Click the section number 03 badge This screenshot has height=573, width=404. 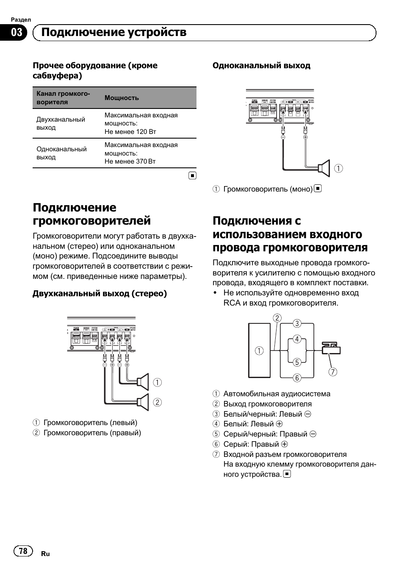coord(17,33)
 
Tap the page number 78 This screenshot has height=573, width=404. coord(23,551)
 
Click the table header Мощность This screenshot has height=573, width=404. coord(122,98)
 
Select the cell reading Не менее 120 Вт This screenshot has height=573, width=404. coord(130,131)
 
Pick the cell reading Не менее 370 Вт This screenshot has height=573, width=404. coord(130,161)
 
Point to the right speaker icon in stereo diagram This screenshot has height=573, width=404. coord(144,402)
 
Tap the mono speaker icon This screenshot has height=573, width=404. coord(324,168)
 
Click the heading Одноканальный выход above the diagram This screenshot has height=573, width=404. coord(261,66)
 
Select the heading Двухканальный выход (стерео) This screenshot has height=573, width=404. coord(100,294)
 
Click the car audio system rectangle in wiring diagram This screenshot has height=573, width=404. coord(259,350)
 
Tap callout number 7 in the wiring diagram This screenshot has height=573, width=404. coord(333,372)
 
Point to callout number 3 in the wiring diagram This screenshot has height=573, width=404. coord(297,323)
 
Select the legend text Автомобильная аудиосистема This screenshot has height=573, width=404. coord(277,394)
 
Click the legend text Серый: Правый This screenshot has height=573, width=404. coord(251,444)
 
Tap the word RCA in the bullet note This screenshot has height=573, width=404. coord(232,303)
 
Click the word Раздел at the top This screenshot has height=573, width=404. coord(21,19)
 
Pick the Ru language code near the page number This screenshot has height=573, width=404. coord(45,554)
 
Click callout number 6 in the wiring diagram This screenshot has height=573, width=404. coord(297,378)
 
